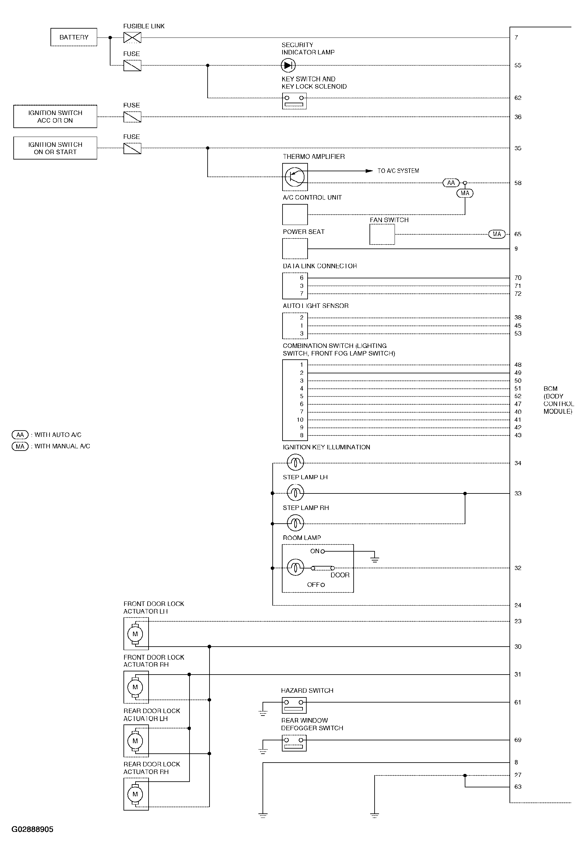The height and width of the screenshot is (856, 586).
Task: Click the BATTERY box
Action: (x=74, y=37)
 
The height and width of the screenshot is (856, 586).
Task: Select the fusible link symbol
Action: (x=132, y=37)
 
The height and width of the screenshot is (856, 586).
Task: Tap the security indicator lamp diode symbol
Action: (x=288, y=65)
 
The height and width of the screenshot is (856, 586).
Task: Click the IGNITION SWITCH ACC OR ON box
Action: (x=55, y=116)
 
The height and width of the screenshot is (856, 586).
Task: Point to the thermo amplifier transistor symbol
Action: (x=295, y=177)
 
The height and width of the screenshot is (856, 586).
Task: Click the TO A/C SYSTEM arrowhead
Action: (x=369, y=171)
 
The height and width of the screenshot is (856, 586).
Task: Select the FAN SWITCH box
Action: (x=382, y=234)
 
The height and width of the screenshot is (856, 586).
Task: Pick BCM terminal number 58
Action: (x=518, y=183)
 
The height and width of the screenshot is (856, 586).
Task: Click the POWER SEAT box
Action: (x=295, y=248)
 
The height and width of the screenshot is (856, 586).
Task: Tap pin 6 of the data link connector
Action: (x=302, y=278)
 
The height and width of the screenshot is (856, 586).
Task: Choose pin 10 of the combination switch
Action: (x=300, y=419)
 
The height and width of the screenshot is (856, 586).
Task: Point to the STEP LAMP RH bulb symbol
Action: (x=295, y=523)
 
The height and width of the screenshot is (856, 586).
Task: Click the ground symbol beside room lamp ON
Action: (x=375, y=560)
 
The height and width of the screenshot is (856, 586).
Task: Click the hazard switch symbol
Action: (x=294, y=705)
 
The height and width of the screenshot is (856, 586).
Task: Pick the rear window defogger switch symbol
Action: (x=294, y=743)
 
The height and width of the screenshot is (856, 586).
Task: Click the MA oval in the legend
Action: (x=20, y=446)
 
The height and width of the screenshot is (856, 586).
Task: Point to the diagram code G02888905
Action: (x=32, y=829)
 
